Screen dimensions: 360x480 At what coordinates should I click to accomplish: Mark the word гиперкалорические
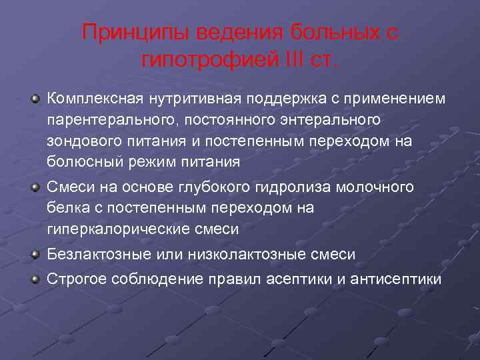[113, 229]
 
